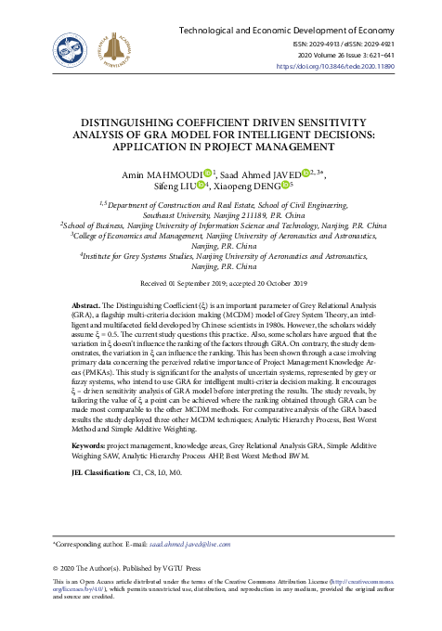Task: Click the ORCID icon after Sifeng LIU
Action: tap(201, 187)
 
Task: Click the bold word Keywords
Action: tap(91, 446)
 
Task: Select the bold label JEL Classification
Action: tap(101, 473)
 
